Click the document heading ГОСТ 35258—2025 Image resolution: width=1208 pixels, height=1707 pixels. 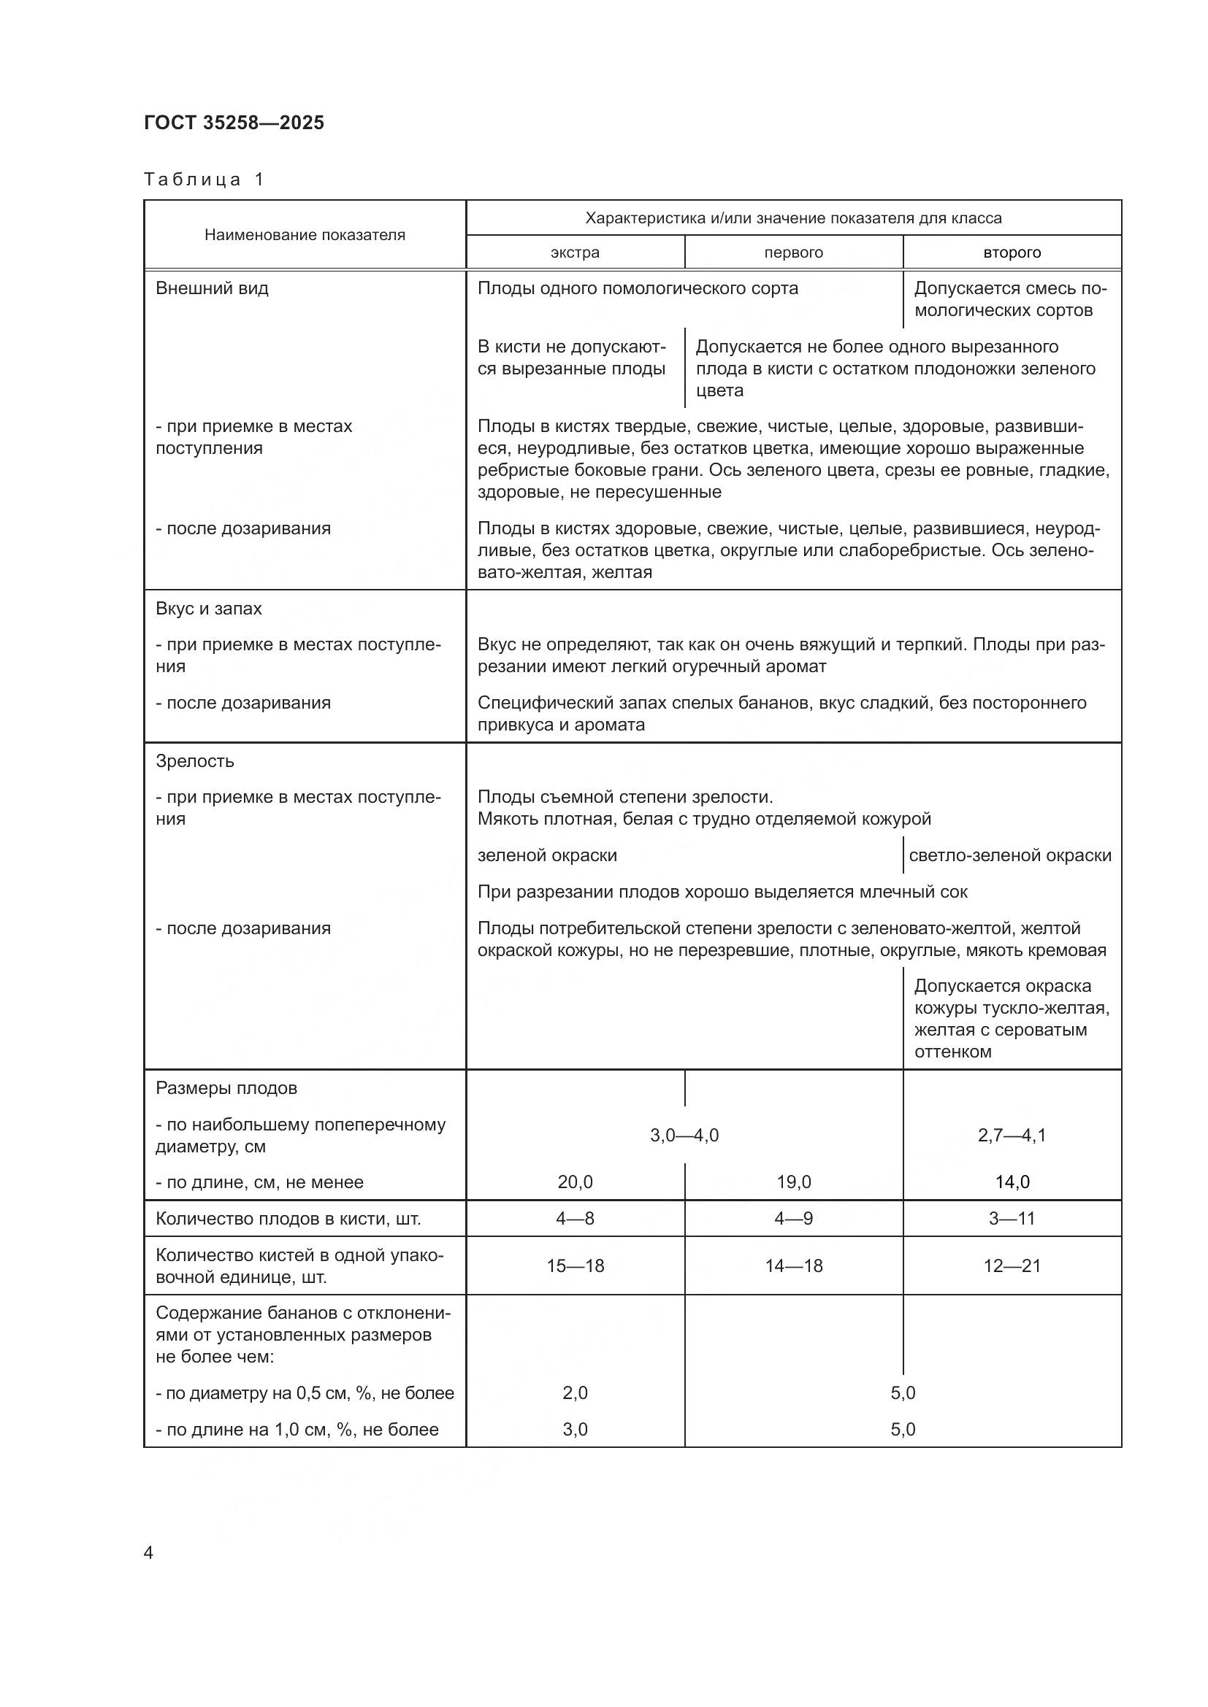[x=234, y=123]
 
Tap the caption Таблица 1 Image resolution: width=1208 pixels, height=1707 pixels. [x=204, y=180]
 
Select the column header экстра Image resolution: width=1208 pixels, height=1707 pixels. [x=574, y=252]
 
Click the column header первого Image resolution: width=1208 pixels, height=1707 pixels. [x=793, y=252]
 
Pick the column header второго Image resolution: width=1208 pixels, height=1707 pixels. [x=1012, y=252]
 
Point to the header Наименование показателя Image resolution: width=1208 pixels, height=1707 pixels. [x=305, y=235]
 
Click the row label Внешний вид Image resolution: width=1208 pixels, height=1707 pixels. [x=211, y=288]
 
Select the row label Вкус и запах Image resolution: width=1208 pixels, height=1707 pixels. [x=208, y=608]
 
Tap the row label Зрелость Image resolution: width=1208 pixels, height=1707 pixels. [x=194, y=760]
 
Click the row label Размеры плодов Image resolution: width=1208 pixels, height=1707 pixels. [x=226, y=1087]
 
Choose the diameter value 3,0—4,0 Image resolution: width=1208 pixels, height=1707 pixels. [x=684, y=1136]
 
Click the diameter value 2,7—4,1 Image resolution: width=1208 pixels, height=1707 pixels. [x=1012, y=1136]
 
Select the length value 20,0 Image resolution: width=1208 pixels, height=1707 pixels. [x=574, y=1182]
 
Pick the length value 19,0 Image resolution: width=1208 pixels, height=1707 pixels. [x=793, y=1182]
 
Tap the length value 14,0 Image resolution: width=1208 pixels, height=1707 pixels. [x=1012, y=1182]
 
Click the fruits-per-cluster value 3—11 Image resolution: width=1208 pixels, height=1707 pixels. [x=1012, y=1218]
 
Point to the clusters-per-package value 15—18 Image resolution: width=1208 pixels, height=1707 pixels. [x=574, y=1265]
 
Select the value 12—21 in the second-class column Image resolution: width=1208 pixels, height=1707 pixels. [x=1012, y=1265]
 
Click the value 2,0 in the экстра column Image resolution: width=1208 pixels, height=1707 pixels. [x=574, y=1392]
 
